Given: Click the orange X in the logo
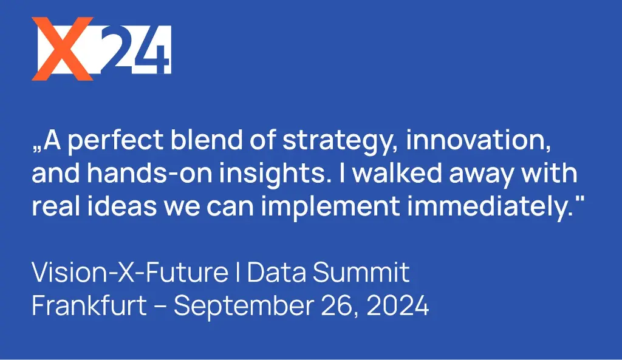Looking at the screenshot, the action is point(63,49).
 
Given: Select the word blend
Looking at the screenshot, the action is point(207,140).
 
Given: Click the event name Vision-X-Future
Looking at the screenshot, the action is point(130,272).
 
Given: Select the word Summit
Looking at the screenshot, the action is point(361,272).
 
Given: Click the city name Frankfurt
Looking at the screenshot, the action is point(89,305).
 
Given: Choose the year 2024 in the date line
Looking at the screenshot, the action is point(398,306).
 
